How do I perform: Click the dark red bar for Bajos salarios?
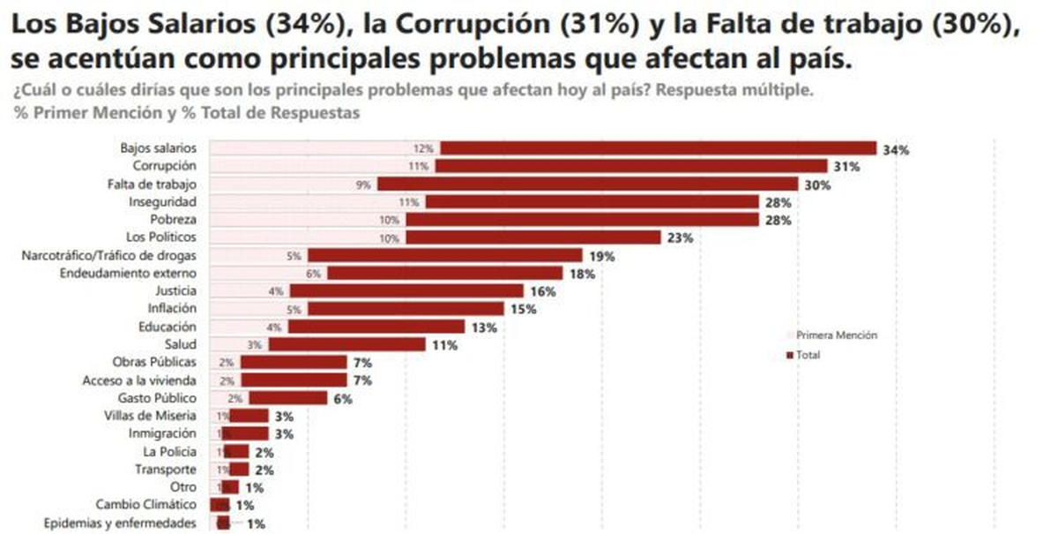[x=658, y=149]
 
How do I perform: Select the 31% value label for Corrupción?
[x=846, y=167]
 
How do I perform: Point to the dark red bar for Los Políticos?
[x=533, y=237]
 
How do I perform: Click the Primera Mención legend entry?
[x=836, y=335]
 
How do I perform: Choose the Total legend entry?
[x=808, y=355]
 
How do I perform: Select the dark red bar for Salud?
[x=347, y=345]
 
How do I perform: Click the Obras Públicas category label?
[x=154, y=363]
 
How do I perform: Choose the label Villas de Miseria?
[x=150, y=416]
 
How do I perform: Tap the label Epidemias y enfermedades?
[x=120, y=523]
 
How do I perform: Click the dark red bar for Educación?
[x=378, y=327]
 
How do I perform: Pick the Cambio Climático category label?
[x=146, y=505]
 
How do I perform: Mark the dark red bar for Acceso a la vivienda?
[x=293, y=380]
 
